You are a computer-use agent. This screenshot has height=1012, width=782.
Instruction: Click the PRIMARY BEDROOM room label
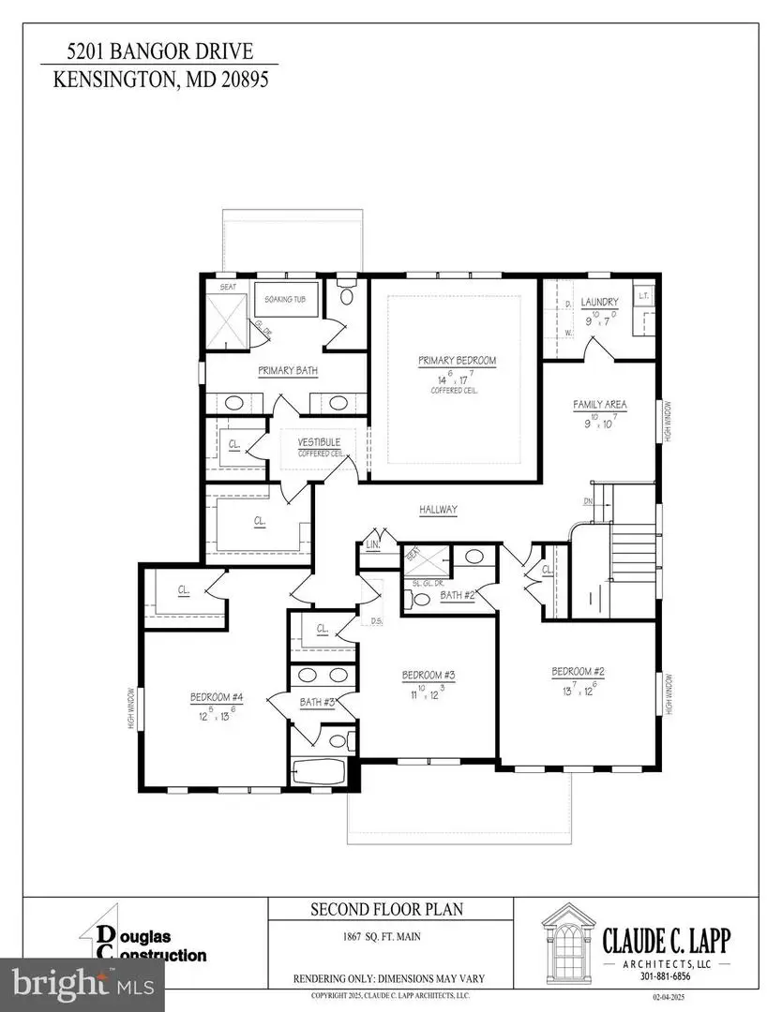tap(457, 360)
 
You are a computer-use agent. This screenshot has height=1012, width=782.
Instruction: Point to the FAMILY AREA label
tap(600, 405)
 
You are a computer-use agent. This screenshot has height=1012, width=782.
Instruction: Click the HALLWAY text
tap(438, 510)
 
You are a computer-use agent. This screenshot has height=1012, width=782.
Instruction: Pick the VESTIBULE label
tap(319, 442)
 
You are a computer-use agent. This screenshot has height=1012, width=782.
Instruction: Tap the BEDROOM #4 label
tap(217, 696)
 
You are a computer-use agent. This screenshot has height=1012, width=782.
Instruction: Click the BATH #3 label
tap(318, 701)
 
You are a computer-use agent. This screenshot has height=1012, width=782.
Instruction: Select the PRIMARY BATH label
tap(288, 371)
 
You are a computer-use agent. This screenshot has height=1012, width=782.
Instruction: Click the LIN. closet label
tap(371, 543)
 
